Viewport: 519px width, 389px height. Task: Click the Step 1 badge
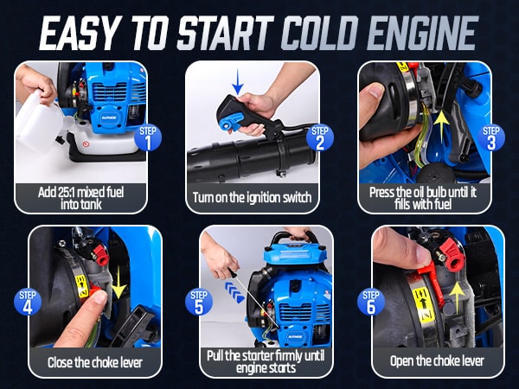[x=148, y=137]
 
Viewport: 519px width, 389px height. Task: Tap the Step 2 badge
[x=320, y=137]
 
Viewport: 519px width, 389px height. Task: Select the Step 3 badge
[x=491, y=137]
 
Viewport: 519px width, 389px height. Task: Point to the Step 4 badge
[x=28, y=302]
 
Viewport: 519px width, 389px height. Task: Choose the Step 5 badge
[x=199, y=302]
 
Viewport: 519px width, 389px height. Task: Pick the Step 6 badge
[x=371, y=302]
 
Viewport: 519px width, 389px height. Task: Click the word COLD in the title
[x=320, y=33]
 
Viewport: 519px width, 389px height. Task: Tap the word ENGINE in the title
[x=423, y=33]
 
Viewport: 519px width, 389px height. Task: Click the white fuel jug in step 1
[x=40, y=120]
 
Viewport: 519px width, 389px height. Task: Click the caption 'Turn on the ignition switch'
[x=253, y=197]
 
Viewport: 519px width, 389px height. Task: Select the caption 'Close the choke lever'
[x=95, y=362]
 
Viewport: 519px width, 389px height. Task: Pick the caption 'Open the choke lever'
[x=437, y=360]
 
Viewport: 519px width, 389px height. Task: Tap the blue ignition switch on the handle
[x=230, y=122]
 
